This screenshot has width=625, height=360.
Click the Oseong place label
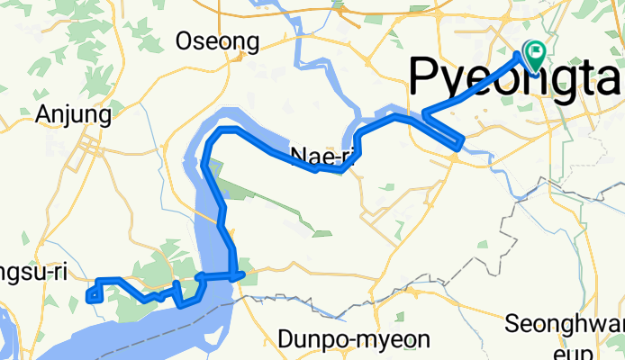[217, 41]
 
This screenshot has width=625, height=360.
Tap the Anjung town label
[73, 114]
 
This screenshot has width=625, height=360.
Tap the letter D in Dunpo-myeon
[286, 340]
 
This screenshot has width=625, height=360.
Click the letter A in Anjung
[41, 114]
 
